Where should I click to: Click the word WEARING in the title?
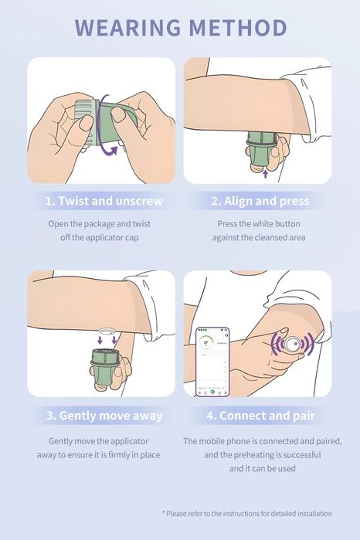click(127, 27)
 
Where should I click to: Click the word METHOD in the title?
click(238, 27)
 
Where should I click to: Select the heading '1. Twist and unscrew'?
click(104, 201)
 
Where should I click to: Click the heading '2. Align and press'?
click(260, 201)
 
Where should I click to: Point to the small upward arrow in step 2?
click(265, 173)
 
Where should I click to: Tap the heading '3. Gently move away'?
click(104, 416)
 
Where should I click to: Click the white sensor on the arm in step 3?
click(107, 331)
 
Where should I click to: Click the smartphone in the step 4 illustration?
click(212, 362)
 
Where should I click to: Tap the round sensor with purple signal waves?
click(292, 344)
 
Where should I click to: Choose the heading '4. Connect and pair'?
click(260, 416)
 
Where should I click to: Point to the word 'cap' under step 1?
click(131, 238)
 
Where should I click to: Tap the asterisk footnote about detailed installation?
click(247, 514)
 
